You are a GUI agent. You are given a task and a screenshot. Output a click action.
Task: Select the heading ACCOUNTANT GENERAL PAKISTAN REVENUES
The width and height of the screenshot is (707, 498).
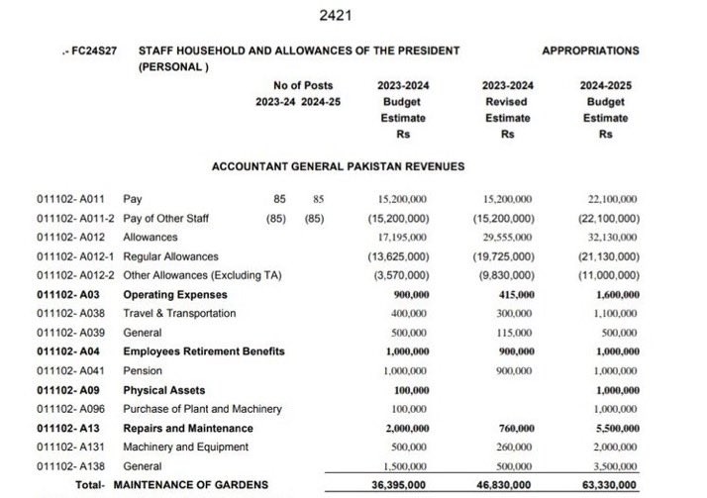(339, 165)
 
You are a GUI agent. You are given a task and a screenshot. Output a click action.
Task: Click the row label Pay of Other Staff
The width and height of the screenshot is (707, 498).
(165, 218)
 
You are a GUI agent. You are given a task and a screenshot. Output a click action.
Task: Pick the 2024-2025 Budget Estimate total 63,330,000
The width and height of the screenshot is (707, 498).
(609, 485)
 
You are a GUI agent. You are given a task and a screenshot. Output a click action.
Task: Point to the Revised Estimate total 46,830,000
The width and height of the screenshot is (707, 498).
(507, 485)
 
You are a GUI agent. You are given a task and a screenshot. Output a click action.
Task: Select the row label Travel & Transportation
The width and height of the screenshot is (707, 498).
(179, 313)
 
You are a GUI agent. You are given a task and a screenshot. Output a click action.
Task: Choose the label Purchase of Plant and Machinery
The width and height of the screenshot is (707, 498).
(202, 409)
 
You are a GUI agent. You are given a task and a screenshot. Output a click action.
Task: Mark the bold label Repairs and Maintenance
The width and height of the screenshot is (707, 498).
(187, 428)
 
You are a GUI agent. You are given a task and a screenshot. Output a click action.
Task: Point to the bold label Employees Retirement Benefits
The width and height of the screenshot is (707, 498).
(203, 351)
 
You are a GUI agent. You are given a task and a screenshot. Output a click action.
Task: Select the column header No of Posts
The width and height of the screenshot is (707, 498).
(303, 85)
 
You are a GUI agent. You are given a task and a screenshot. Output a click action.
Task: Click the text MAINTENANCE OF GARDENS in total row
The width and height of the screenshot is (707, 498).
(190, 485)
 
